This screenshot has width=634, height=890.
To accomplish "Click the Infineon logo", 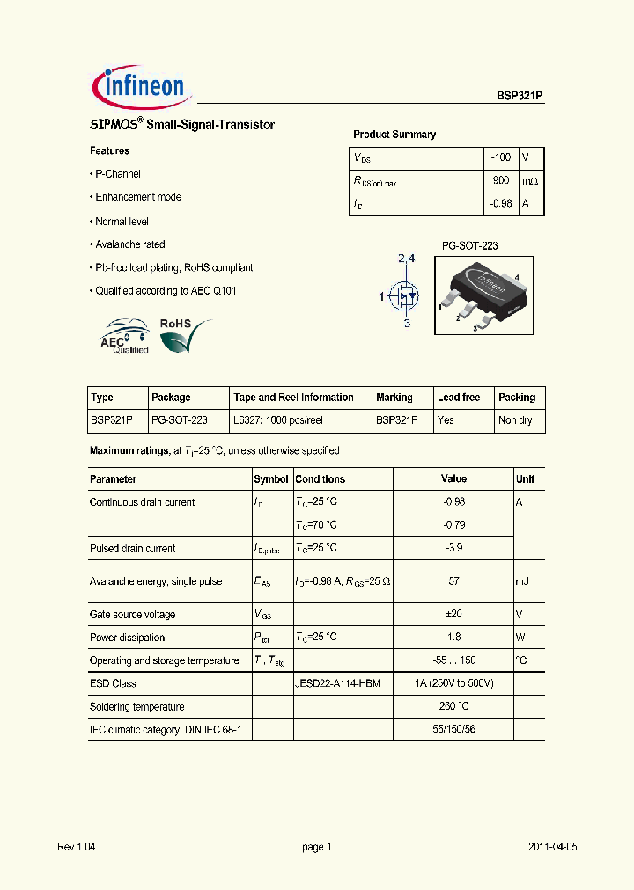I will pyautogui.click(x=139, y=85).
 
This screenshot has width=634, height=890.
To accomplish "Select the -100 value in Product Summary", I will pyautogui.click(x=500, y=157).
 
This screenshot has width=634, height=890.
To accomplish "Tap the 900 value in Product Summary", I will pyautogui.click(x=501, y=180).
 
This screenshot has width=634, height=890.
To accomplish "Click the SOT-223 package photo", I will pyautogui.click(x=481, y=294).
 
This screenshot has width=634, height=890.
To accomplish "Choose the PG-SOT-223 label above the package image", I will pyautogui.click(x=469, y=246).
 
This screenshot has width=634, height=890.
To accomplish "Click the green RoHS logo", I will pyautogui.click(x=185, y=334).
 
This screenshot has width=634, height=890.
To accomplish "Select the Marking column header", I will pyautogui.click(x=394, y=398).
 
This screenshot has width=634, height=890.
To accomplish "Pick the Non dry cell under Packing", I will pyautogui.click(x=515, y=420).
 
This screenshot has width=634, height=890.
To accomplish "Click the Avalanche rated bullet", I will pyautogui.click(x=129, y=244).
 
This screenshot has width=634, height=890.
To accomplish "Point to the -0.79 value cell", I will pyautogui.click(x=453, y=525).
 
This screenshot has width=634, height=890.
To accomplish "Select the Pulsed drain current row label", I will pyautogui.click(x=132, y=548).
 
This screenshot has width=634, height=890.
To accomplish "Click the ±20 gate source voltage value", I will pyautogui.click(x=453, y=615).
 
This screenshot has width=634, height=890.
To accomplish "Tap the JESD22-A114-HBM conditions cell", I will pyautogui.click(x=337, y=683).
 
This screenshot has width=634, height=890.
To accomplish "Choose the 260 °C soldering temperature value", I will pyautogui.click(x=453, y=706).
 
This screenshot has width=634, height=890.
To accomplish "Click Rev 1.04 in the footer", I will pyautogui.click(x=76, y=847).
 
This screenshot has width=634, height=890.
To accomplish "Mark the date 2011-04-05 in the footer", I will pyautogui.click(x=552, y=847).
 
